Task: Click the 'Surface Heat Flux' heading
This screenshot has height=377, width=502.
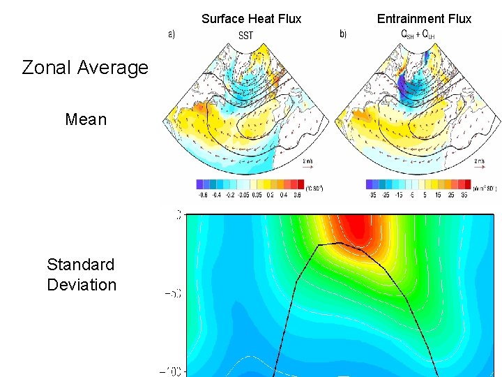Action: (x=251, y=19)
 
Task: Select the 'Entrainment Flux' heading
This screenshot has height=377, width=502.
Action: (x=424, y=19)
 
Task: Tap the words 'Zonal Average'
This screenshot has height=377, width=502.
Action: (x=85, y=68)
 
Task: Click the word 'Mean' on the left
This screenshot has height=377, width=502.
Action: (x=86, y=119)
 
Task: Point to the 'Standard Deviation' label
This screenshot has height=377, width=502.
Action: (x=81, y=274)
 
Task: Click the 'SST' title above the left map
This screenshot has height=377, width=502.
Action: (x=246, y=35)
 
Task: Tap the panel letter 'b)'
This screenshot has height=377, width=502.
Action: (x=342, y=34)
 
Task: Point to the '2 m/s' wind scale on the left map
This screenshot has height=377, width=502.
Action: (x=307, y=161)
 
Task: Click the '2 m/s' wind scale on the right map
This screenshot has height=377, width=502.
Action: (x=479, y=161)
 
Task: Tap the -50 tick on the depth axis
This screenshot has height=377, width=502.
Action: (x=173, y=293)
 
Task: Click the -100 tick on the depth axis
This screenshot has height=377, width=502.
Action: (x=173, y=371)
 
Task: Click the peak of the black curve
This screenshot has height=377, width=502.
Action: (x=339, y=242)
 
